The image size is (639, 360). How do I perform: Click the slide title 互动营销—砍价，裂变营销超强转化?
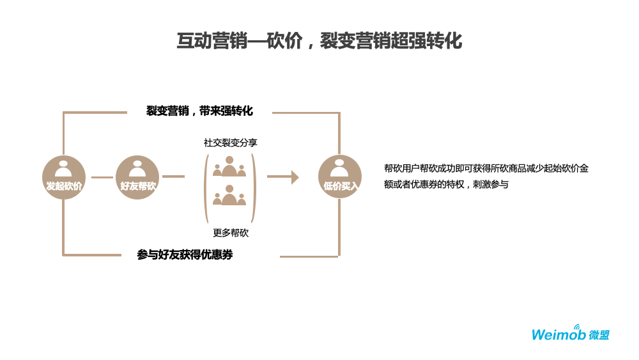319,41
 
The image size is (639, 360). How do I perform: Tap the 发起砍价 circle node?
64,177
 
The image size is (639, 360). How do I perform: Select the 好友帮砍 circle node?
137,177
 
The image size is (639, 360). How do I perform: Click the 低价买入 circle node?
340,176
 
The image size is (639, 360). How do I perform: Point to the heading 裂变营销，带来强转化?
199,111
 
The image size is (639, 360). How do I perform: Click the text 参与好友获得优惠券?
185,254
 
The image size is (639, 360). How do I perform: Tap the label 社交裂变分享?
230,143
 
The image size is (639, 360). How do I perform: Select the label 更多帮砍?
230,233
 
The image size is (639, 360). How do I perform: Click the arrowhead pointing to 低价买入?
295,177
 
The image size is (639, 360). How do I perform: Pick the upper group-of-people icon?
229,167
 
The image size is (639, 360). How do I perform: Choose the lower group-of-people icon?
229,196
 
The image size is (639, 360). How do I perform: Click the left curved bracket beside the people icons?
206,188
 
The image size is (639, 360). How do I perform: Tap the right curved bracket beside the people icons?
254,188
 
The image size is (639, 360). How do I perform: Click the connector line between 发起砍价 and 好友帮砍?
102,177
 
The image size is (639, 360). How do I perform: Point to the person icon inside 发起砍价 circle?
63,169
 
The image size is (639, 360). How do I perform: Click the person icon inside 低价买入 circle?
339,168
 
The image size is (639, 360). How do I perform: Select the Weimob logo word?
558,335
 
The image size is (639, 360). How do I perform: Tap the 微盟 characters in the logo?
599,335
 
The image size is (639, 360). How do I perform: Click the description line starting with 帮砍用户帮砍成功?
486,168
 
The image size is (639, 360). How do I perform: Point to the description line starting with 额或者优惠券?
446,184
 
